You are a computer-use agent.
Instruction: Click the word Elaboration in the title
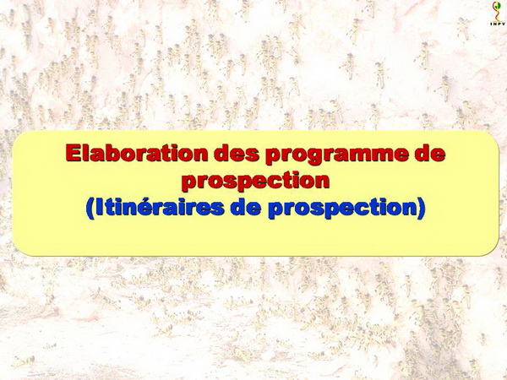[x=136, y=153]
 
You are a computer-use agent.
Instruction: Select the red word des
[x=237, y=153]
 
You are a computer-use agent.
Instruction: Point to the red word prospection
[x=255, y=182]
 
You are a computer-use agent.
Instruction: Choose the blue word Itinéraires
[x=160, y=207]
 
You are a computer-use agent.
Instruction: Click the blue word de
[x=246, y=207]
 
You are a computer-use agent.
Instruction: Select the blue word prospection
[x=342, y=209]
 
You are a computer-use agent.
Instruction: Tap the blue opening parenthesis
[x=90, y=209]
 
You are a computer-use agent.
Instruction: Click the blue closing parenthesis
[x=421, y=209]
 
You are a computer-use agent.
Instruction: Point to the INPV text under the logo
[x=498, y=24]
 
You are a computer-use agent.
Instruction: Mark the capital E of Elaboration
[x=73, y=153]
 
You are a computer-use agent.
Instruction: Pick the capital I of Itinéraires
[x=99, y=207]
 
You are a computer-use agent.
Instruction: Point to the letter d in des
[x=221, y=153]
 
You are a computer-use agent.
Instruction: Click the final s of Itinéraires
[x=217, y=209]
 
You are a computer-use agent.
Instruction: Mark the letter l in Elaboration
[x=84, y=153]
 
